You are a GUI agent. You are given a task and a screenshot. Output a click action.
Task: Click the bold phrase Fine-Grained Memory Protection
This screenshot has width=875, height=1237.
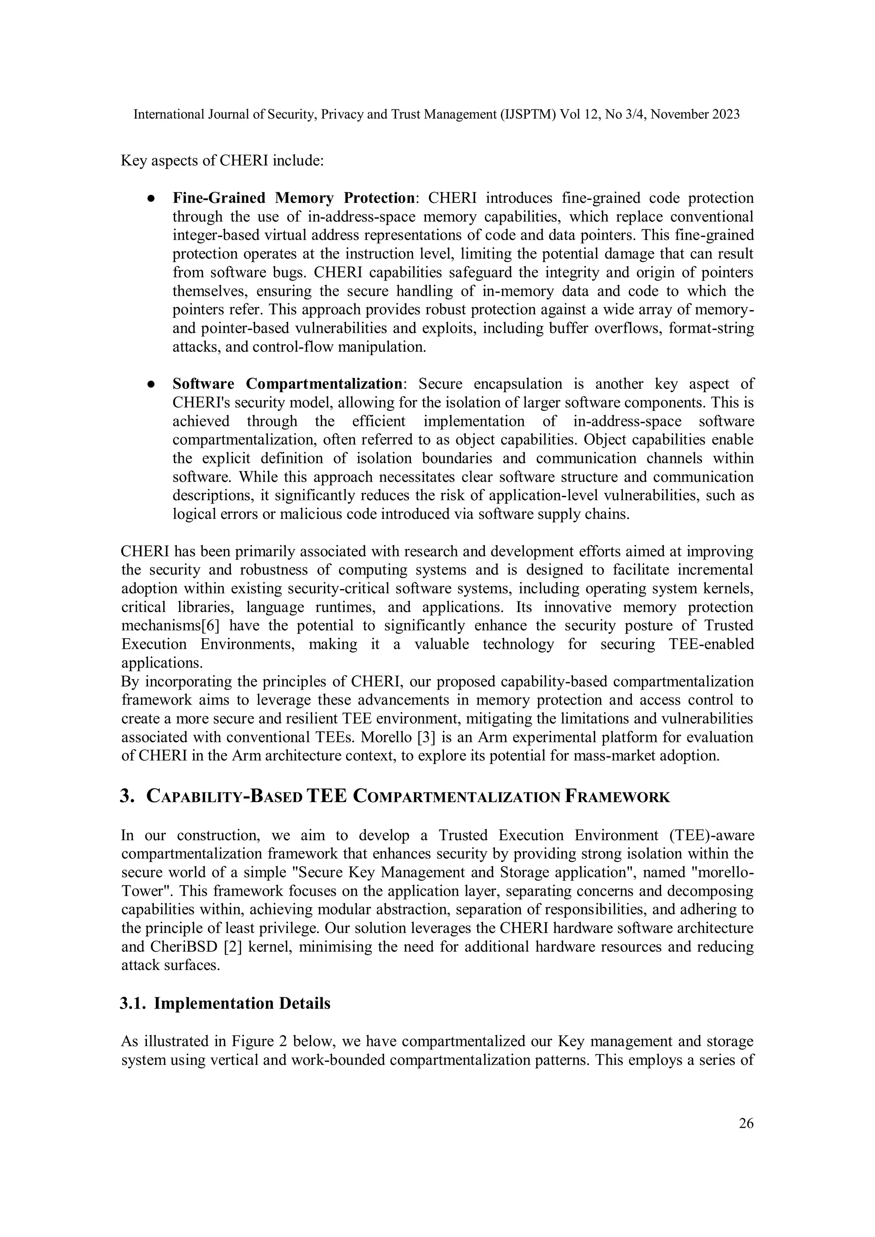(294, 198)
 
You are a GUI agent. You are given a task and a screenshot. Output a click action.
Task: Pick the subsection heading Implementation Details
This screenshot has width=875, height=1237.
(242, 1004)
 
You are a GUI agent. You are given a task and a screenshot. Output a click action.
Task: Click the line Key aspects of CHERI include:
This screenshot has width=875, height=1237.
(222, 161)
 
